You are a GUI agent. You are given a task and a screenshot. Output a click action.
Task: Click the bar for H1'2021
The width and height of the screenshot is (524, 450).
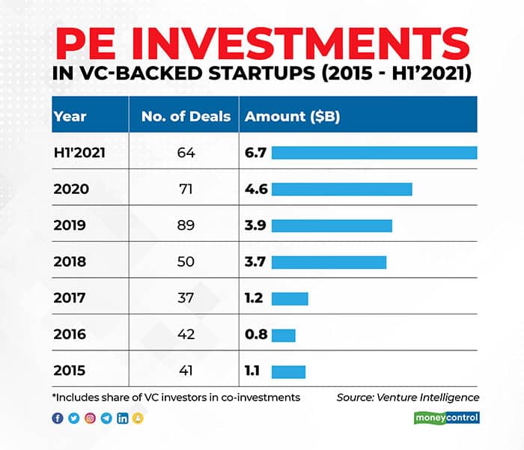point(374,153)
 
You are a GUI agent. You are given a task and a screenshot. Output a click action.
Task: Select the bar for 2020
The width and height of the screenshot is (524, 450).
point(341,189)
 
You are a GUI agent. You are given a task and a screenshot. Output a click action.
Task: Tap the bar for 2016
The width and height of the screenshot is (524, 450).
point(283,335)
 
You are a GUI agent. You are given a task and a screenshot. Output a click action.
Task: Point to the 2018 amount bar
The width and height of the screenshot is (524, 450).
point(329,262)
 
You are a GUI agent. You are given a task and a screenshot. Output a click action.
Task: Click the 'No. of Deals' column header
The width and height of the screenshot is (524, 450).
point(186,116)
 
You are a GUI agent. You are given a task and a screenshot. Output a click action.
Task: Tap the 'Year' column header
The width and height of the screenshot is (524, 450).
point(70,116)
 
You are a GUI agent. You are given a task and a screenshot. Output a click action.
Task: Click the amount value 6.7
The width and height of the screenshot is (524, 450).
point(256,153)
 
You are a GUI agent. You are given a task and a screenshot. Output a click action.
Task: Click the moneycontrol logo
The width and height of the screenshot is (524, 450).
point(446,418)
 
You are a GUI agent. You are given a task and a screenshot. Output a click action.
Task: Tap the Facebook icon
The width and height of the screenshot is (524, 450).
point(58,419)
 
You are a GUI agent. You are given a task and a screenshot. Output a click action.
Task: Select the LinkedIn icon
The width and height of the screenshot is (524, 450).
point(123,419)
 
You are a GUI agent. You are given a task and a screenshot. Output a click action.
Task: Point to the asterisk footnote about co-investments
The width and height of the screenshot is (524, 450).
point(176,397)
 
